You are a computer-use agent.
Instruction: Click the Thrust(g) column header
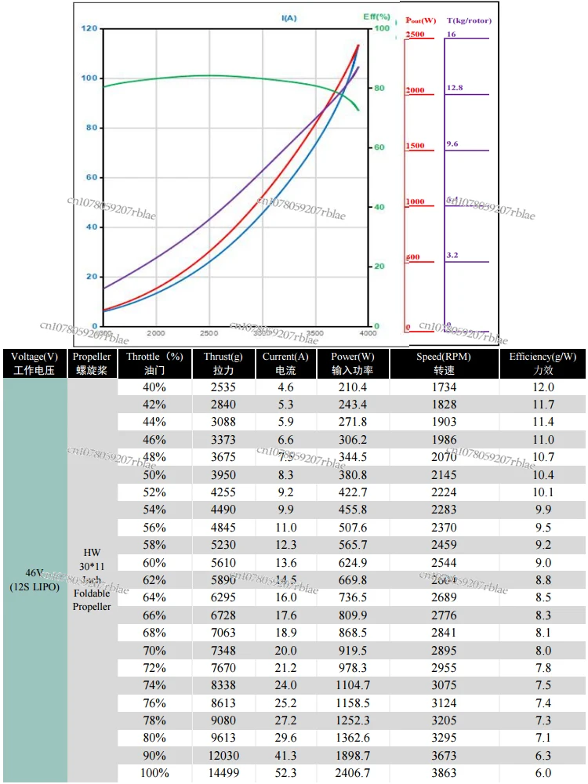[x=223, y=363]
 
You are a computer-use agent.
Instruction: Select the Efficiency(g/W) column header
[x=543, y=363]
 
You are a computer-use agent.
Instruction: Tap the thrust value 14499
[x=223, y=773]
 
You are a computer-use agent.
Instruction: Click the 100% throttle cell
[x=154, y=773]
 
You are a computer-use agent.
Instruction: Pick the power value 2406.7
[x=349, y=773]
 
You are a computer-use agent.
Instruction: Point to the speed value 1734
[x=444, y=387]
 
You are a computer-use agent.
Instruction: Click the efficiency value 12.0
[x=543, y=387]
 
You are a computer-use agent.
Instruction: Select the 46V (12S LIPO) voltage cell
[x=34, y=579]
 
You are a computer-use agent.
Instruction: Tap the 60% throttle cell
[x=154, y=563]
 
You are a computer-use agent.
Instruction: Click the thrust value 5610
[x=223, y=563]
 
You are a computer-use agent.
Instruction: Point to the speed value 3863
[x=444, y=773]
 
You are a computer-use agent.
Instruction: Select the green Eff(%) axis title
[x=376, y=16]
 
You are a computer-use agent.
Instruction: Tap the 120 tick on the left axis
[x=89, y=29]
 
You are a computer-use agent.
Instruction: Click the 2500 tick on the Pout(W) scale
[x=415, y=35]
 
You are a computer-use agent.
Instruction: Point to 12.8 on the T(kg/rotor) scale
[x=455, y=89]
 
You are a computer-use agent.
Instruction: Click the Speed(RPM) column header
[x=444, y=363]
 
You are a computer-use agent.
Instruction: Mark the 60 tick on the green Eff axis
[x=379, y=147]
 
